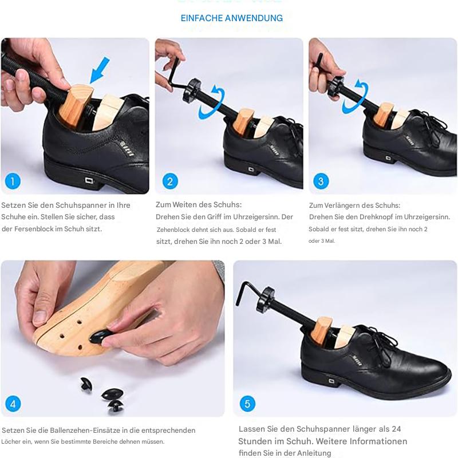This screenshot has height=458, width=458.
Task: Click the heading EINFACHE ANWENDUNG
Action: click(231, 18)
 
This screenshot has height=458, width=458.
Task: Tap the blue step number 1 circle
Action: click(13, 182)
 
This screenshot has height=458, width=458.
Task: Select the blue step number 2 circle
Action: click(169, 182)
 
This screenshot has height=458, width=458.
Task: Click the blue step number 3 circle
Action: click(321, 182)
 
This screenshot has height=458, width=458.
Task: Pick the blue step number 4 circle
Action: click(13, 404)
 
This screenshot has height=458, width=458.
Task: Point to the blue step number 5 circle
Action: click(247, 404)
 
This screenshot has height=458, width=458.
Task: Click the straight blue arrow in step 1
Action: click(99, 72)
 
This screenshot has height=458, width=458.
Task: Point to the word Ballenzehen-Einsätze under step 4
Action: click(77, 431)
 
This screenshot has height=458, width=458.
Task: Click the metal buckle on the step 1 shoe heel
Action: click(89, 181)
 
